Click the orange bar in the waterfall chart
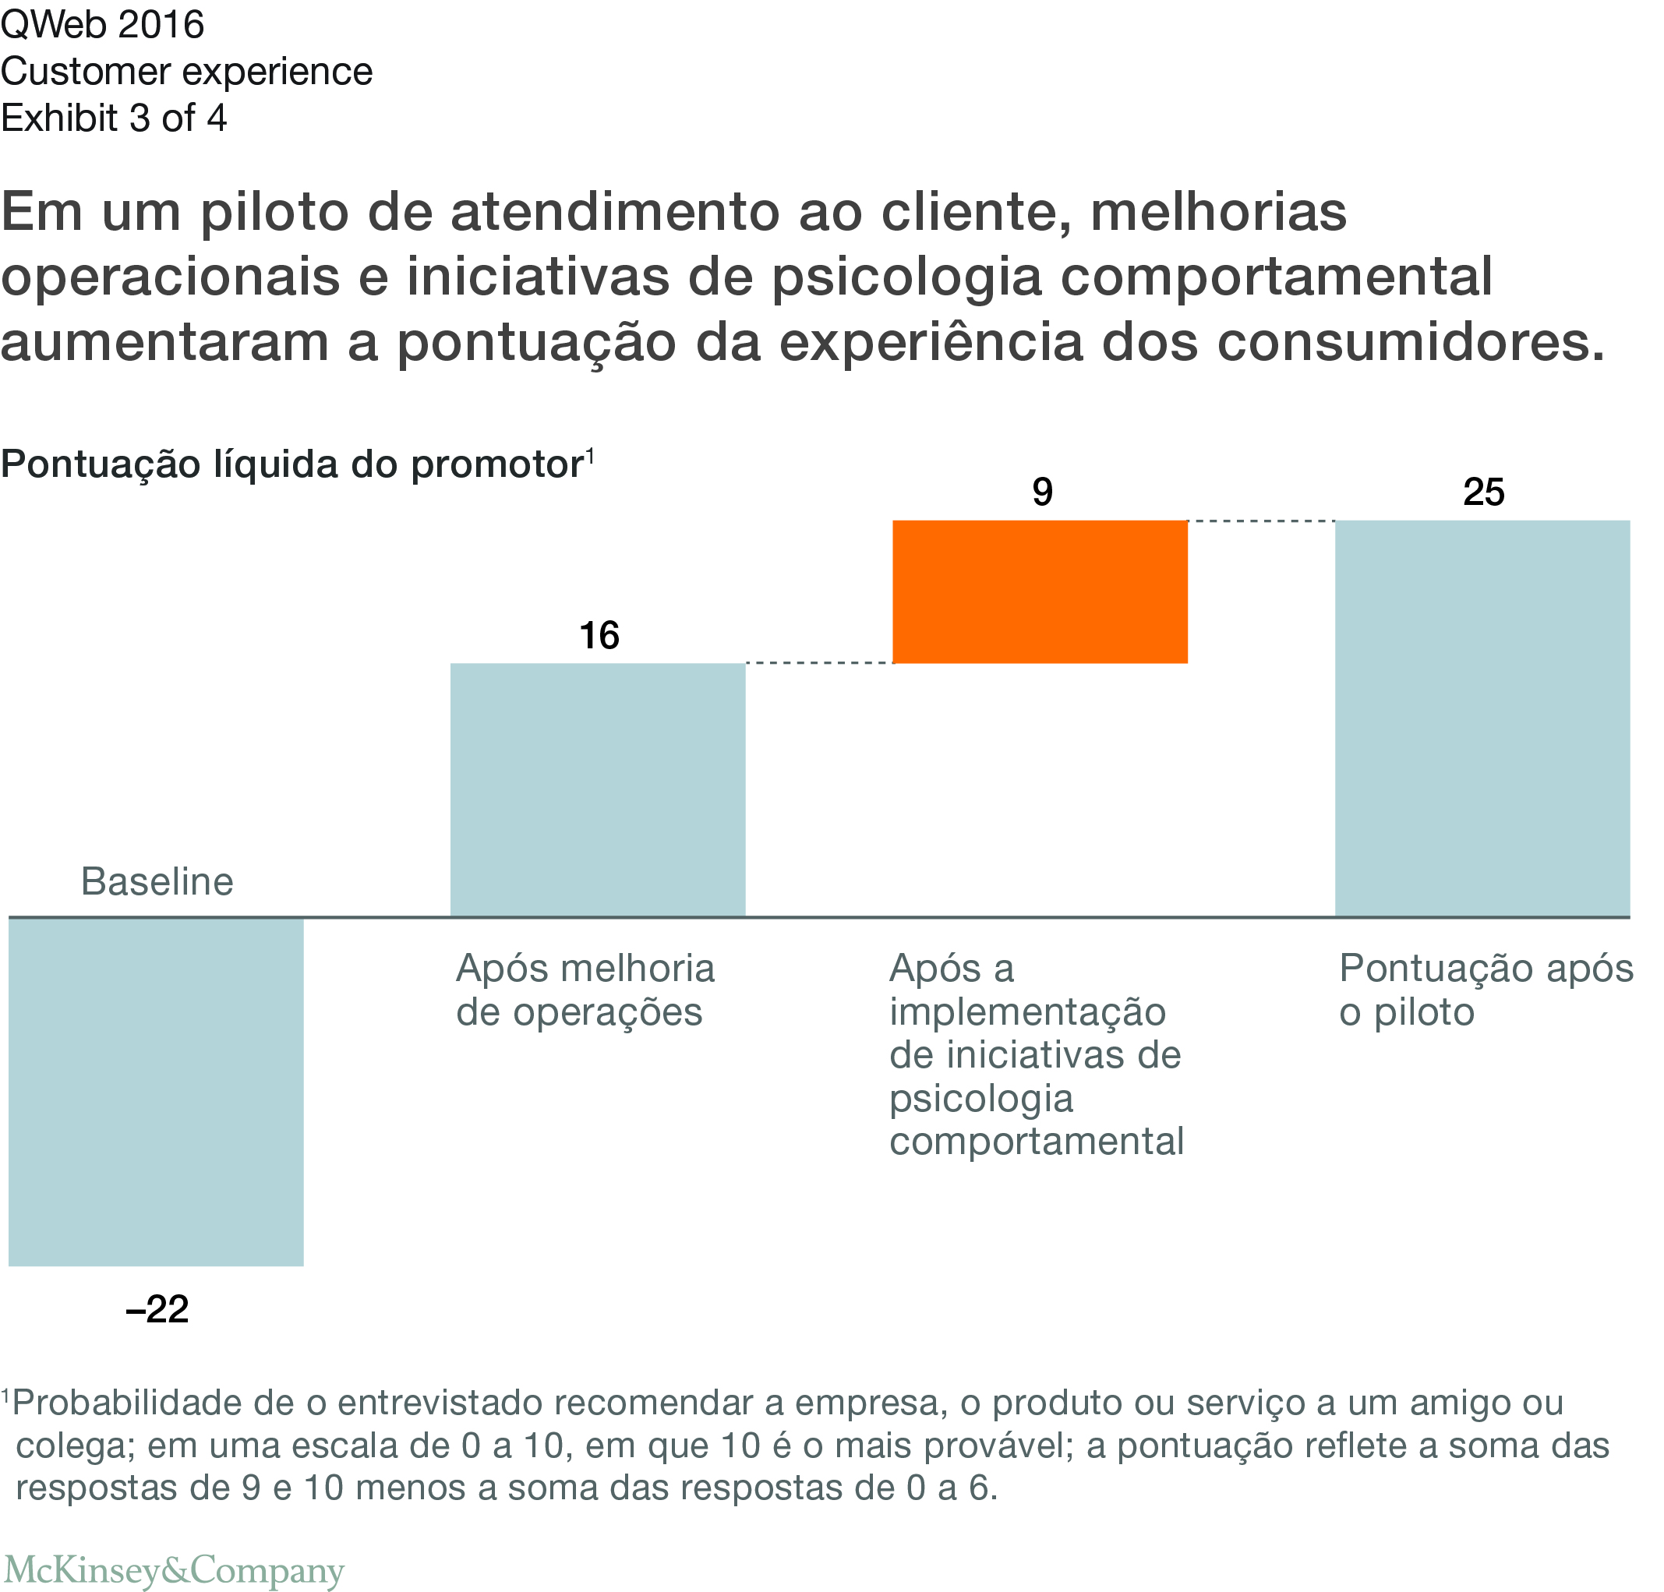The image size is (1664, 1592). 1040,591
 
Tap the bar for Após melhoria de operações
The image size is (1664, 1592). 597,789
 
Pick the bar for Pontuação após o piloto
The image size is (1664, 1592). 1482,718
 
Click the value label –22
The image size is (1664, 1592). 157,1309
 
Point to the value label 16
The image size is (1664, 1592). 599,636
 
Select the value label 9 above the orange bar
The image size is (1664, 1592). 1042,492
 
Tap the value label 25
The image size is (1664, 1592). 1483,492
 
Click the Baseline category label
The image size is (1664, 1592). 157,881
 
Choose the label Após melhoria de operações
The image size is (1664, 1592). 585,990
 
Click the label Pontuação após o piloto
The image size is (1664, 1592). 1485,990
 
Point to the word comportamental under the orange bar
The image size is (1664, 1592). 1036,1142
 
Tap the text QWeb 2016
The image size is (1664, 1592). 103,25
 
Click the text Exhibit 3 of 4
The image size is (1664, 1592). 114,118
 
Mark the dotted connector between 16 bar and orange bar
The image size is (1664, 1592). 818,663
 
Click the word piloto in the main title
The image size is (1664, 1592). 274,211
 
